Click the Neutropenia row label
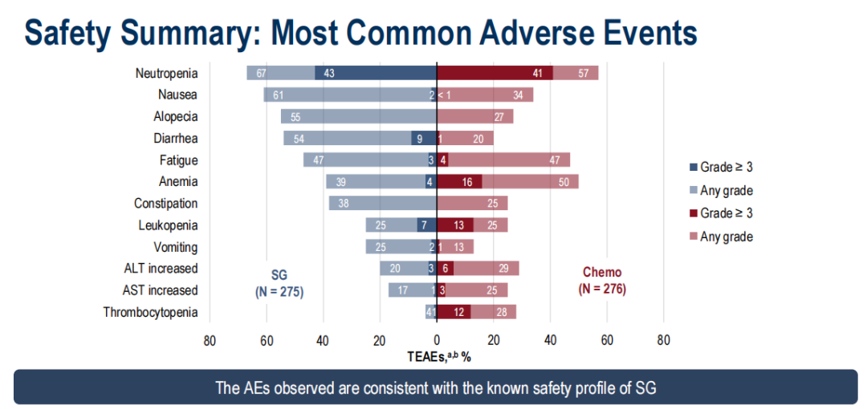tap(166, 73)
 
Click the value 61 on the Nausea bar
tap(279, 95)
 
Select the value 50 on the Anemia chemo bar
tap(564, 182)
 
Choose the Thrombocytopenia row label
tap(150, 312)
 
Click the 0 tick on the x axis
tap(437, 339)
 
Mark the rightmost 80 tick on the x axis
tap(663, 339)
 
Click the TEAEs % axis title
tap(437, 356)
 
